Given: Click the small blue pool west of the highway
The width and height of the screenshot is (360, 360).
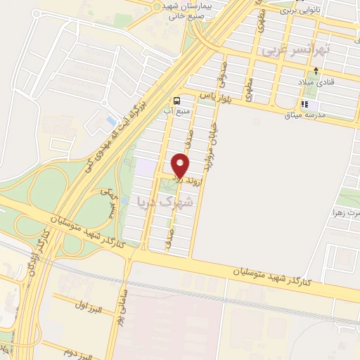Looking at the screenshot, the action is (x=110, y=121).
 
